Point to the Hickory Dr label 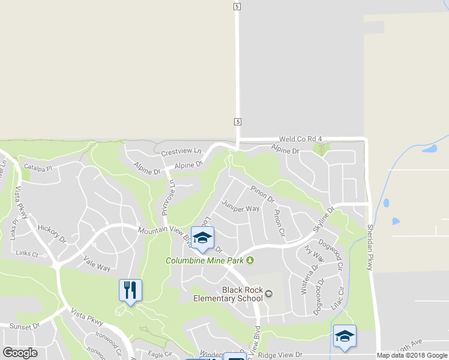pyautogui.click(x=51, y=232)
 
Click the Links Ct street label pyautogui.click(x=28, y=254)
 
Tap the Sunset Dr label pyautogui.click(x=25, y=326)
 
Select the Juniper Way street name pyautogui.click(x=240, y=206)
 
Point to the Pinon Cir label pyautogui.click(x=279, y=223)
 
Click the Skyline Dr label pyautogui.click(x=322, y=222)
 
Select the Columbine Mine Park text pyautogui.click(x=205, y=260)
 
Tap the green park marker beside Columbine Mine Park pyautogui.click(x=250, y=260)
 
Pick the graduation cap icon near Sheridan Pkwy pyautogui.click(x=345, y=336)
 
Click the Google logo pyautogui.click(x=20, y=353)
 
